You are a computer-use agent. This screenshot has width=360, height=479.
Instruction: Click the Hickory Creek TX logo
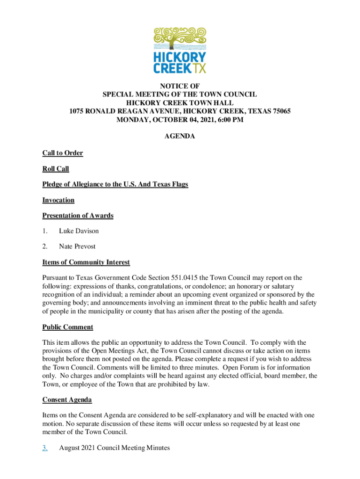[180, 50]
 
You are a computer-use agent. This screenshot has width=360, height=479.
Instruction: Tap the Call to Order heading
[63, 153]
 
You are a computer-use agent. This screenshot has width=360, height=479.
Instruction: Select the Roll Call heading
[56, 169]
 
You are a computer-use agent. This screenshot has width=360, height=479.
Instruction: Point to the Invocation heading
[58, 200]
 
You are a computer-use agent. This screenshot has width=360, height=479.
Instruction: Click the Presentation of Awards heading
[78, 216]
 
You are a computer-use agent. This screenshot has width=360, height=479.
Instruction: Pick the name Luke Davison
[79, 231]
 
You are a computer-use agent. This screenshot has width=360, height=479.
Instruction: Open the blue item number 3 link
[45, 448]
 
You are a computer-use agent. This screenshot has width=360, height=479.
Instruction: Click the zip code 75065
[280, 111]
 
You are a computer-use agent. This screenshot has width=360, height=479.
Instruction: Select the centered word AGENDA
[180, 137]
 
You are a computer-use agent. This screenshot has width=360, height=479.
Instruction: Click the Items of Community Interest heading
[86, 262]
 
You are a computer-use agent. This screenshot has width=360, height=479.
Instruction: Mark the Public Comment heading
[68, 327]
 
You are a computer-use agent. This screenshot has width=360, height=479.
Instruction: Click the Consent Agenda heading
[67, 399]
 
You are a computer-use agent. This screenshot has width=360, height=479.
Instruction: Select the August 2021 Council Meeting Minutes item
[115, 448]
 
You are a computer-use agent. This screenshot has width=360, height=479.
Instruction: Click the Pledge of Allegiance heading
[115, 184]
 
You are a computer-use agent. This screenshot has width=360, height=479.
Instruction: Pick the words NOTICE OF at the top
[180, 86]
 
